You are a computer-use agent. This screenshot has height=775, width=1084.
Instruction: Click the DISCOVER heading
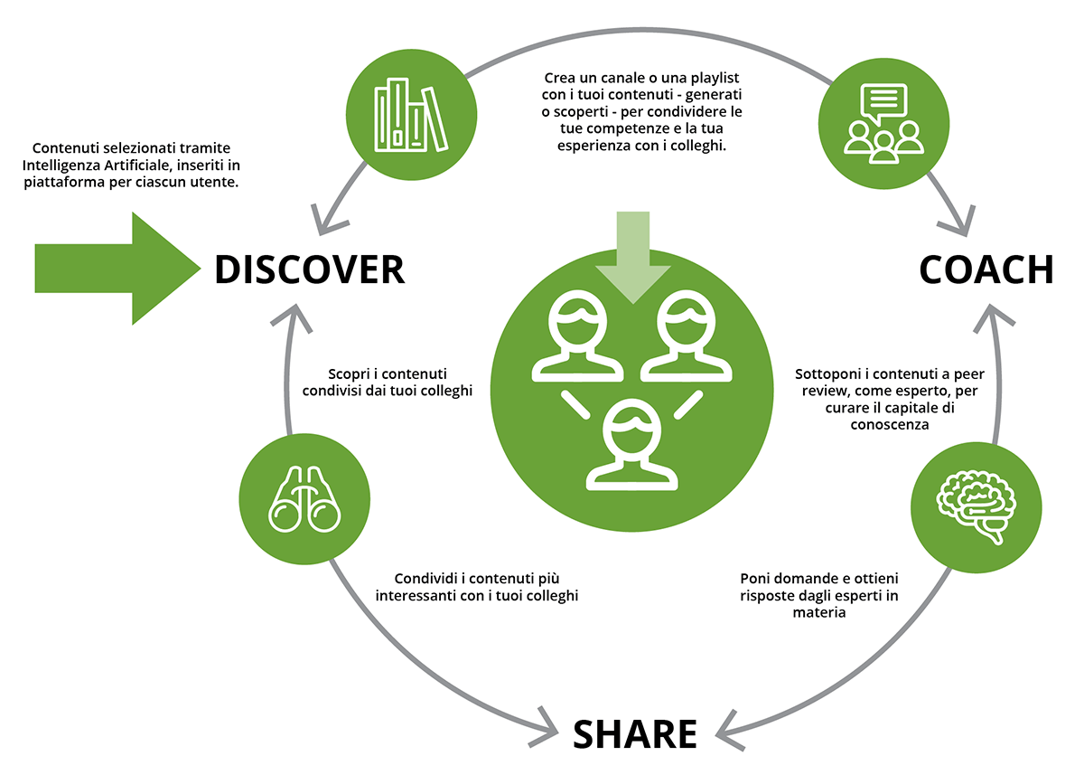point(309,269)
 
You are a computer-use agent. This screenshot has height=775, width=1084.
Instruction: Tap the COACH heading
point(986,269)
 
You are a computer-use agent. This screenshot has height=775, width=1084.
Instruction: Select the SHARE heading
point(635,733)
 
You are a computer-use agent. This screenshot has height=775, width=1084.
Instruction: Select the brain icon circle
point(977,506)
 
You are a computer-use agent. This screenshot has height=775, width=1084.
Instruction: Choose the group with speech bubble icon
point(883,121)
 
